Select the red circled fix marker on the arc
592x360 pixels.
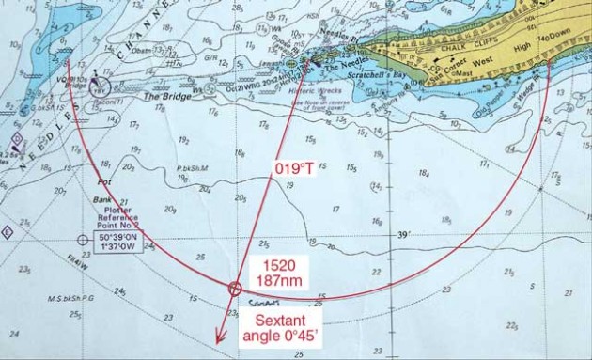click(235, 289)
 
